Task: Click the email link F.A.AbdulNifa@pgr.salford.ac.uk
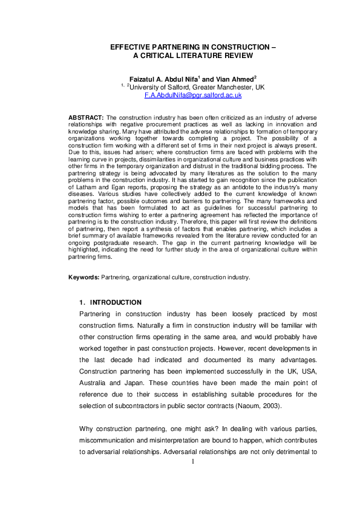click(x=193, y=95)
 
